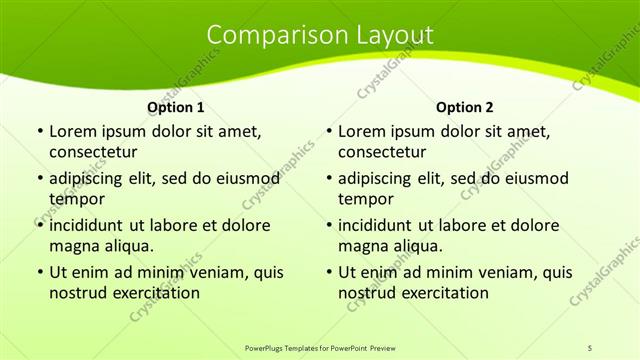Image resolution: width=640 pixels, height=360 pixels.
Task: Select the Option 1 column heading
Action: (176, 107)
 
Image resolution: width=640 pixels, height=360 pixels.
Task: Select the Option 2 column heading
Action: (465, 107)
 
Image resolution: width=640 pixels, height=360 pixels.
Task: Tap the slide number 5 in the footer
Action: (590, 347)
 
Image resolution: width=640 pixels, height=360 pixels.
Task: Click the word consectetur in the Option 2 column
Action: (381, 152)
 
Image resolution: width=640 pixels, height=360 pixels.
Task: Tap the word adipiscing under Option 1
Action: (91, 178)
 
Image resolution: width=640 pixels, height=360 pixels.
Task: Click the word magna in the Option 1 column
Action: (73, 246)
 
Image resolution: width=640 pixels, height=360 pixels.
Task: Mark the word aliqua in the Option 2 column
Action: (418, 246)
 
